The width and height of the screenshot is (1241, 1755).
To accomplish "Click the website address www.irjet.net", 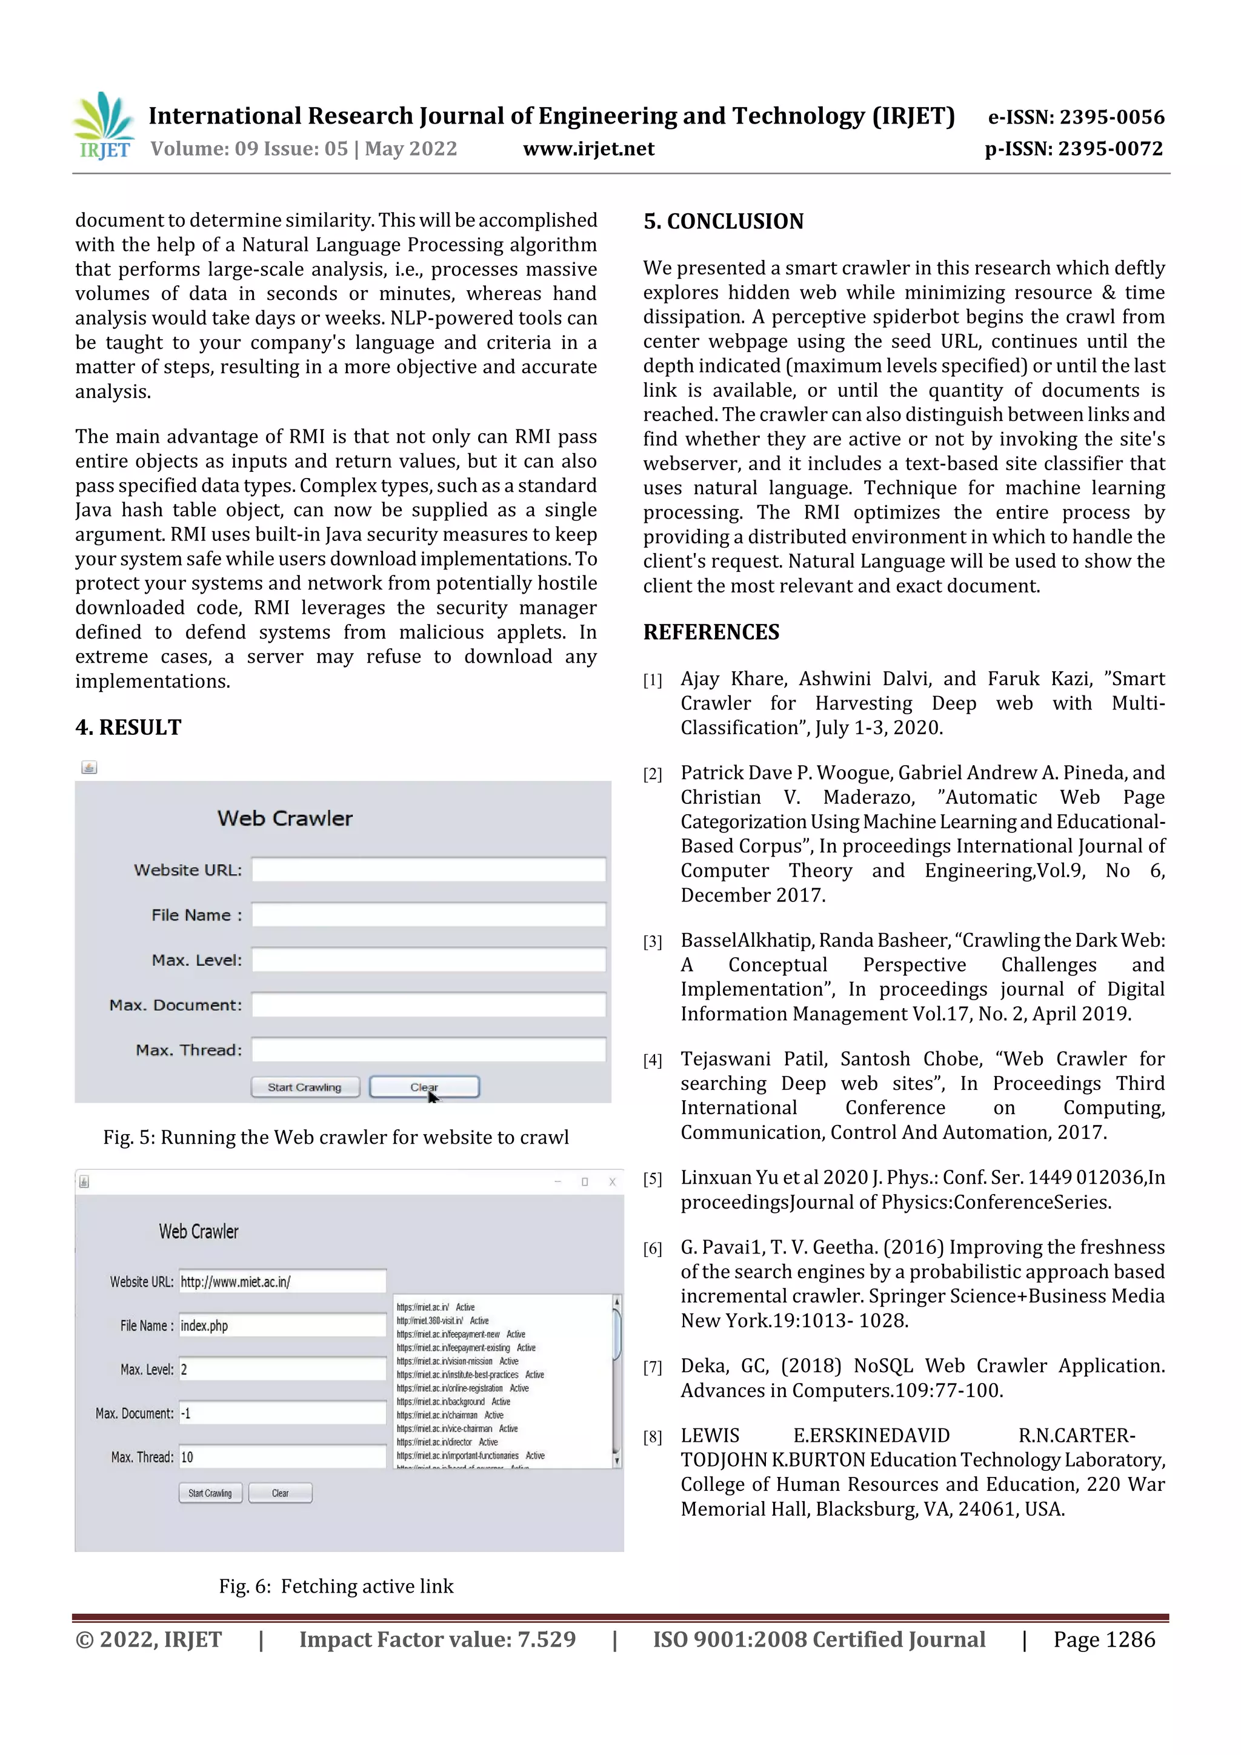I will tap(588, 148).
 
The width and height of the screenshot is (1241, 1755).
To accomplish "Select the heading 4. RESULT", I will tap(128, 727).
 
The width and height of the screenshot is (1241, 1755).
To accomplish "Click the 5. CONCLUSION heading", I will tap(724, 222).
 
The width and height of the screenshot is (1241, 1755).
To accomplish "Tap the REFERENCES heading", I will tap(711, 632).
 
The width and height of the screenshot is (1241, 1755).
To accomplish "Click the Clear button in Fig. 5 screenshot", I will tap(424, 1086).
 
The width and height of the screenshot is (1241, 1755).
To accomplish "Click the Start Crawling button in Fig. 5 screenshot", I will tap(305, 1086).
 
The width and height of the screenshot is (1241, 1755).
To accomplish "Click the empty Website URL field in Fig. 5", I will tap(428, 870).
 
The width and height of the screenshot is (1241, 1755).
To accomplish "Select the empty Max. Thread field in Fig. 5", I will tap(428, 1049).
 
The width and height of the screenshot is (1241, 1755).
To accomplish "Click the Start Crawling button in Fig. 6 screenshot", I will tap(210, 1493).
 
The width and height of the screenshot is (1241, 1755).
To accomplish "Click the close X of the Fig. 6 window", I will tap(611, 1182).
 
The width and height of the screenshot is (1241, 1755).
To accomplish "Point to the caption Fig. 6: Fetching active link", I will tap(336, 1586).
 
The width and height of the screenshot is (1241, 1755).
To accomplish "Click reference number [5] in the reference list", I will tap(652, 1179).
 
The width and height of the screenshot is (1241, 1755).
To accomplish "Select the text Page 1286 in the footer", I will tap(1103, 1639).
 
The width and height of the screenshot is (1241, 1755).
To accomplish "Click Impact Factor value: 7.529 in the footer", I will tap(437, 1639).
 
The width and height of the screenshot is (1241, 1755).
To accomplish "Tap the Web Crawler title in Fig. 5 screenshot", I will tap(284, 818).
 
